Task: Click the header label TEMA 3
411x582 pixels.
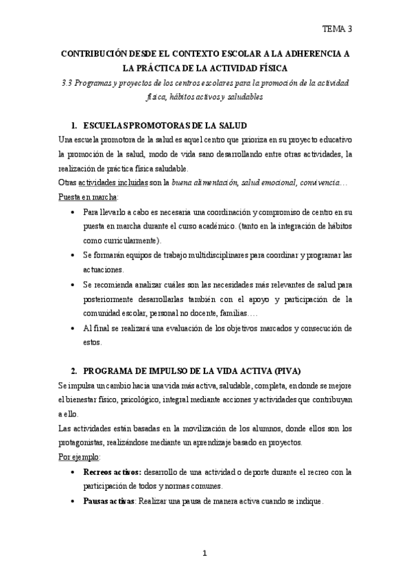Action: pyautogui.click(x=338, y=29)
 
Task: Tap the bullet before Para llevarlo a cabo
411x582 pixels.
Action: pyautogui.click(x=73, y=212)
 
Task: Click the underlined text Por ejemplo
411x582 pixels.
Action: pyautogui.click(x=79, y=456)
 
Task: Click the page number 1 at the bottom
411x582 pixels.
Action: pyautogui.click(x=205, y=552)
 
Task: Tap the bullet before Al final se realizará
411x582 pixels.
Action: pyautogui.click(x=73, y=329)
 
